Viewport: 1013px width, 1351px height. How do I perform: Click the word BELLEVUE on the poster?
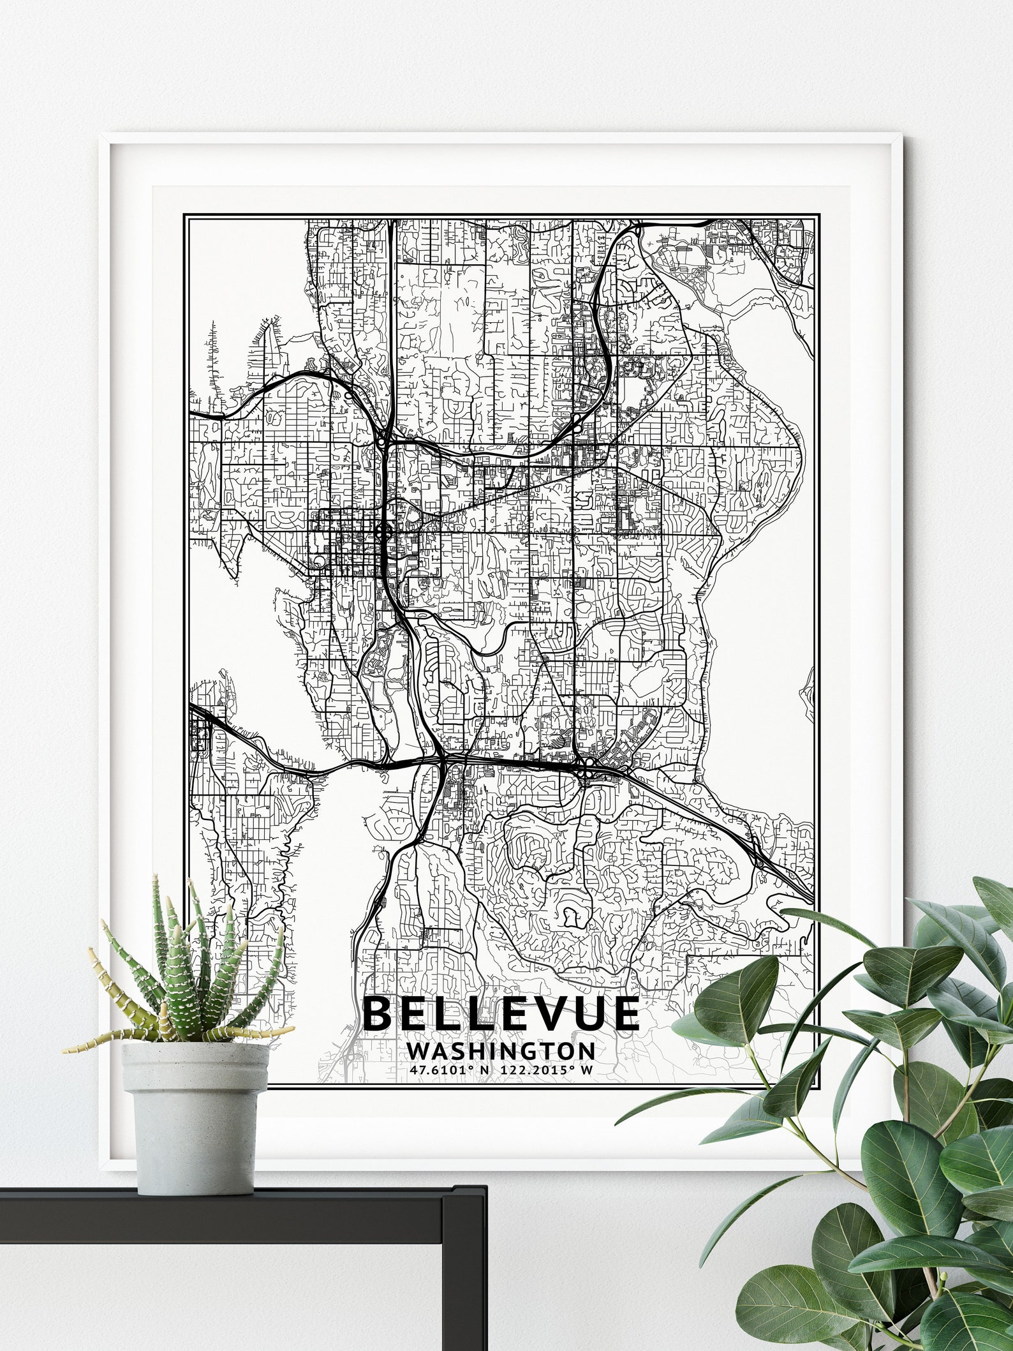pyautogui.click(x=501, y=1013)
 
